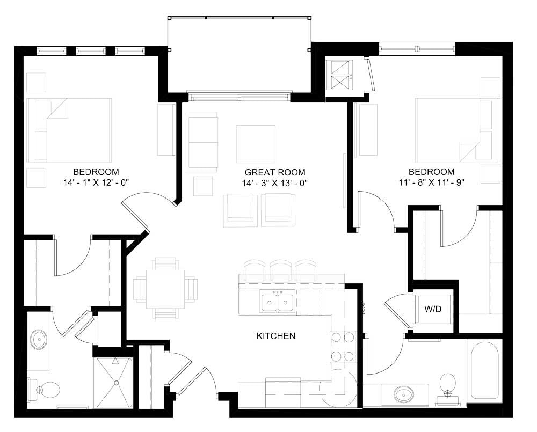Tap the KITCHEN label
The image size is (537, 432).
click(275, 336)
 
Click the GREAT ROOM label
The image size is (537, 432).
click(275, 172)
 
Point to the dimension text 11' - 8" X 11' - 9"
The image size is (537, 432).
click(432, 182)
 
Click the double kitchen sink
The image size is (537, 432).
click(277, 302)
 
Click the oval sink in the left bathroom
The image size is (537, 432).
click(39, 340)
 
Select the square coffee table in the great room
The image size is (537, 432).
click(256, 143)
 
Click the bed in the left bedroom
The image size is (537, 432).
click(70, 129)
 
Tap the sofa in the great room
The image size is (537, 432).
click(201, 142)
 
